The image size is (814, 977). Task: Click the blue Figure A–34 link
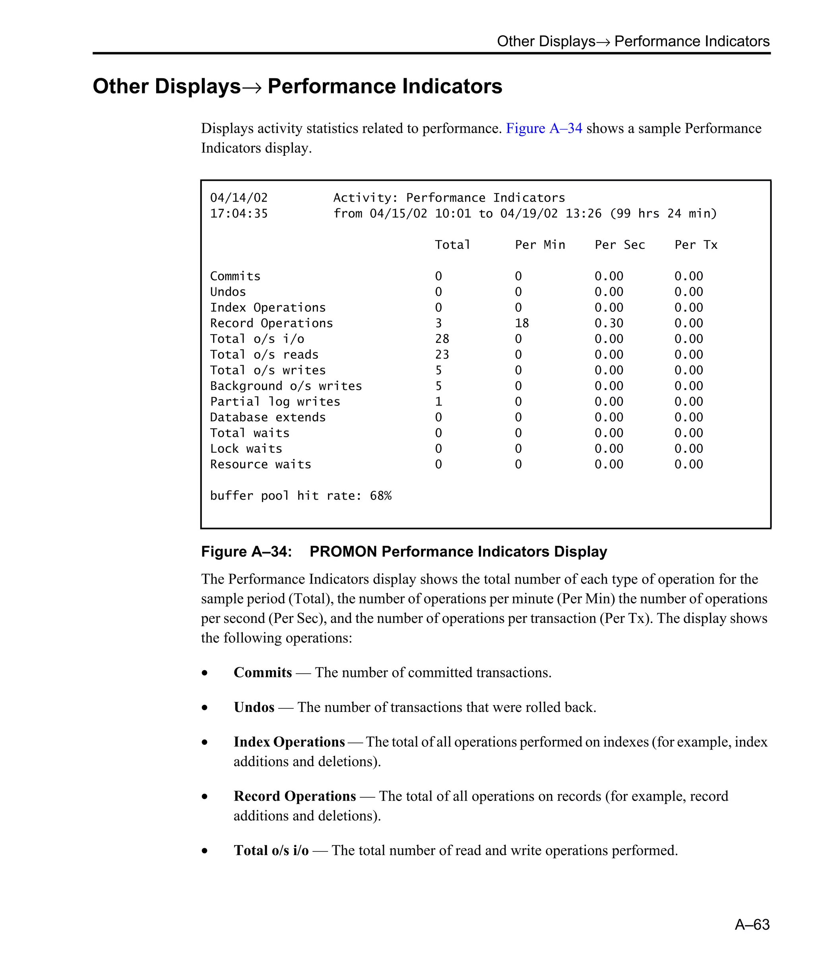[x=543, y=128]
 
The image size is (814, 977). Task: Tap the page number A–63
[x=752, y=924]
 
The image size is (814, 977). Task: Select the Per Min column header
[x=540, y=245]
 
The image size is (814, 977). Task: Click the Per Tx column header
[x=696, y=245]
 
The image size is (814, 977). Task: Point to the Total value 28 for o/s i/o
[x=442, y=339]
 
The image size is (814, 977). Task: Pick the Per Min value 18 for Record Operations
[x=521, y=323]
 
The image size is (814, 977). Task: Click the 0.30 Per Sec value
[x=609, y=323]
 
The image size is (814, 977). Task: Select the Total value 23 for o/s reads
[x=442, y=355]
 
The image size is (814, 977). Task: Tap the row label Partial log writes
[x=275, y=401]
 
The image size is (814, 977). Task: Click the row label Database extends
[x=267, y=417]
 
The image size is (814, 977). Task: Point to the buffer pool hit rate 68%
[x=380, y=496]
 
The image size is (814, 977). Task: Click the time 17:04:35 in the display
[x=238, y=213]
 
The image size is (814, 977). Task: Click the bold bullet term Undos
[x=254, y=707]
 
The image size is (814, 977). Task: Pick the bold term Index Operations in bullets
[x=289, y=742]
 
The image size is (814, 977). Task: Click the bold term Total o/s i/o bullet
[x=271, y=851]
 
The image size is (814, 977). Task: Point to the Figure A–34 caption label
[x=246, y=551]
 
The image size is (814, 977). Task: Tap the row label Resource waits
[x=260, y=464]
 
